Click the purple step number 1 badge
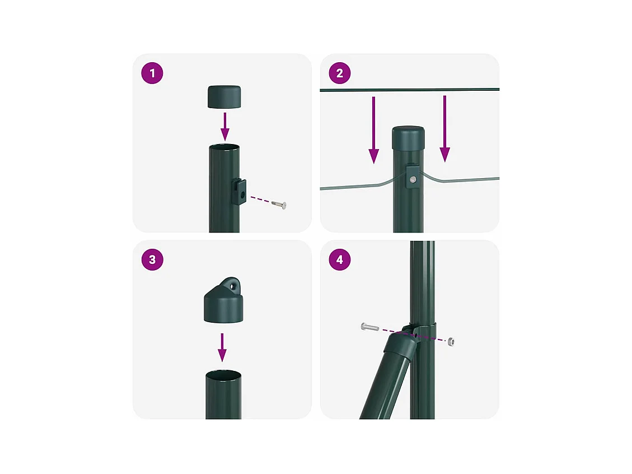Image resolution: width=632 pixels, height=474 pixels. tap(152, 73)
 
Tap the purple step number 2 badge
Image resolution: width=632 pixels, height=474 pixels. tap(340, 73)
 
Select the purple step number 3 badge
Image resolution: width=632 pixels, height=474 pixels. tap(152, 259)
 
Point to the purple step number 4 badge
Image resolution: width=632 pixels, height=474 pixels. tap(340, 259)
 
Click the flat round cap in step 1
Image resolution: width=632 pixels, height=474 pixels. tap(224, 97)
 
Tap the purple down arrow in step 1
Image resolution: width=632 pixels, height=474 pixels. tap(225, 127)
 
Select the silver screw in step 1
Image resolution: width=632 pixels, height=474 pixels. tap(279, 205)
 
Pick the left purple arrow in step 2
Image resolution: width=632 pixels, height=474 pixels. tap(373, 130)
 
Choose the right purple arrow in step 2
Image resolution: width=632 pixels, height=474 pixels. tap(444, 129)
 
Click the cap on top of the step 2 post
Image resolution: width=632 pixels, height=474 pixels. tap(408, 138)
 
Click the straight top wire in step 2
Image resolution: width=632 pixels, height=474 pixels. tap(410, 90)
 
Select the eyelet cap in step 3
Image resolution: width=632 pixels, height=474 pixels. tap(224, 300)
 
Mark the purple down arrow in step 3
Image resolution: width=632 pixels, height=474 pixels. tap(222, 347)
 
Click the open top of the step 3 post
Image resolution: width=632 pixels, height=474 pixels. tap(224, 375)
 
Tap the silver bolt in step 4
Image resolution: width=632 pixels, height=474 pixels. tap(370, 327)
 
